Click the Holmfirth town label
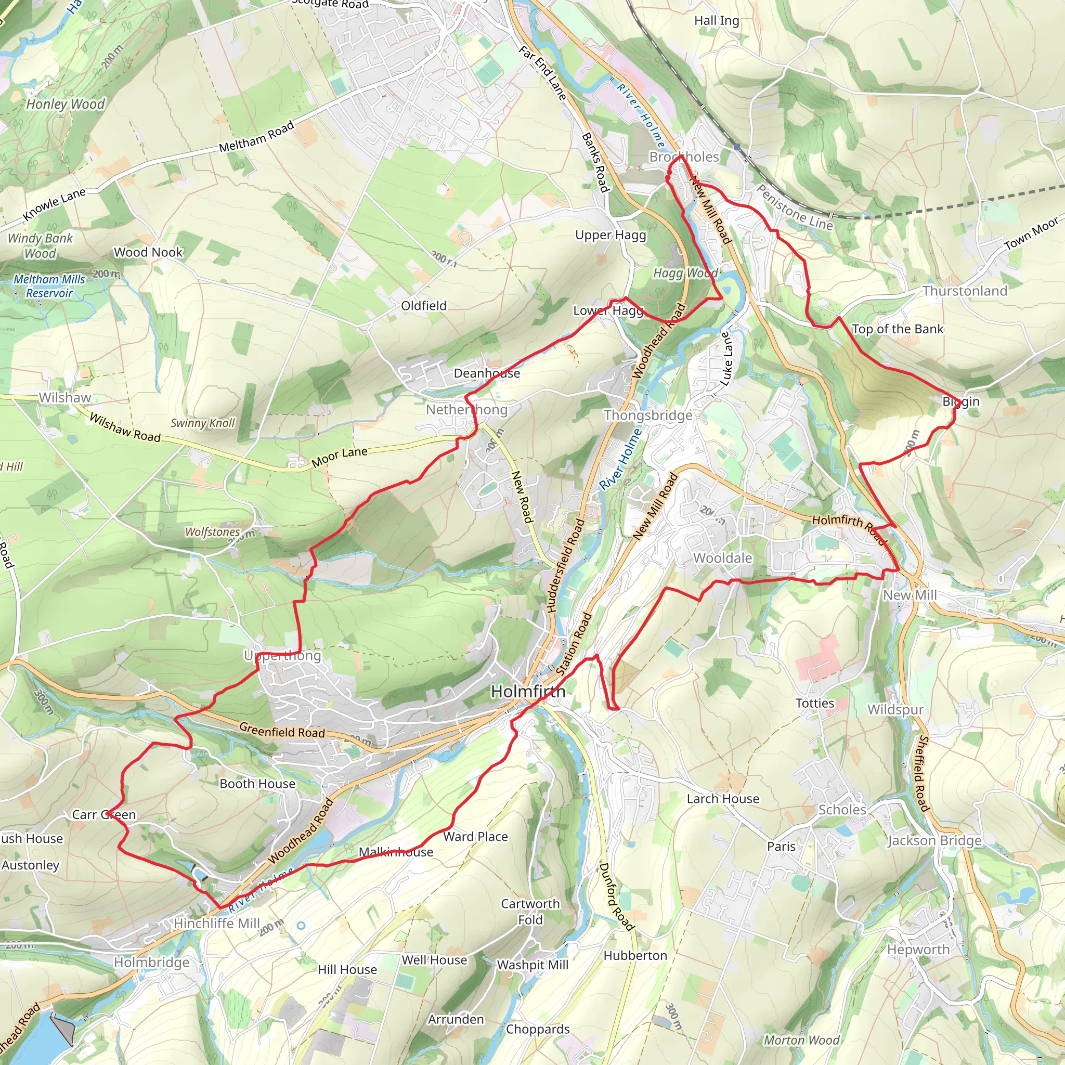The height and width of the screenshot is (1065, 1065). [x=527, y=691]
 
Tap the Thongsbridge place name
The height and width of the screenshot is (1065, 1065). [x=648, y=415]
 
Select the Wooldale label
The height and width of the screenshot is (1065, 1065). [x=722, y=558]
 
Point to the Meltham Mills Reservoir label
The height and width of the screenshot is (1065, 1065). [x=49, y=286]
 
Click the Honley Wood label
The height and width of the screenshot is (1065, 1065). [x=65, y=104]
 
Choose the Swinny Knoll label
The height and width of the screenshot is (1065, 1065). [x=202, y=423]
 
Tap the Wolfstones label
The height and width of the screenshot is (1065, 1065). [x=212, y=532]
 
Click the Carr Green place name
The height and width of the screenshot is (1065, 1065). [x=103, y=815]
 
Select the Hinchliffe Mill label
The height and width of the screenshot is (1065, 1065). [x=216, y=924]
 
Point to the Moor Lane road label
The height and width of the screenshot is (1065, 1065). [x=339, y=457]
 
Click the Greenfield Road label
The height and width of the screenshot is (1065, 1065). [x=282, y=732]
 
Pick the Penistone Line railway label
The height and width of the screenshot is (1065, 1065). [x=794, y=207]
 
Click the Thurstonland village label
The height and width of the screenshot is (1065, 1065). [x=965, y=291]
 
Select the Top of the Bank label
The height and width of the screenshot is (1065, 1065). [x=898, y=329]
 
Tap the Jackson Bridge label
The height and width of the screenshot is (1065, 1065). [x=934, y=841]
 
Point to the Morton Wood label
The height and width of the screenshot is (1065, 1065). [x=801, y=1040]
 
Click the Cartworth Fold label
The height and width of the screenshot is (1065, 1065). [x=530, y=912]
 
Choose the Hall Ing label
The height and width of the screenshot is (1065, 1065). [x=716, y=20]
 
